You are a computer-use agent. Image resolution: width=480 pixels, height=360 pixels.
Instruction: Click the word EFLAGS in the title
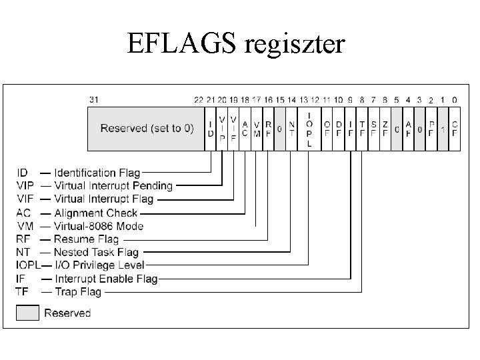[x=181, y=43]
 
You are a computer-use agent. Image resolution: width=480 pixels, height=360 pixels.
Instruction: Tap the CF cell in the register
[x=455, y=129]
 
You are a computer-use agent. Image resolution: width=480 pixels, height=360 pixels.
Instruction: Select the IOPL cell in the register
[x=309, y=129]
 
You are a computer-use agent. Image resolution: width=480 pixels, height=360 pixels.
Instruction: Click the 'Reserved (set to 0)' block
[x=146, y=129]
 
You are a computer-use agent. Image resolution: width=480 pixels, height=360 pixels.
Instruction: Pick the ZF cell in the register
[x=385, y=129]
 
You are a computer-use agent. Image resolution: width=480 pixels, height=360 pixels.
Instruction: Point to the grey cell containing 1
[x=443, y=129]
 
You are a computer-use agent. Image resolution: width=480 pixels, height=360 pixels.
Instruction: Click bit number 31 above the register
[x=94, y=100]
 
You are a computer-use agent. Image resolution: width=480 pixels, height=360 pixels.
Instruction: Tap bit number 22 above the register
[x=199, y=100]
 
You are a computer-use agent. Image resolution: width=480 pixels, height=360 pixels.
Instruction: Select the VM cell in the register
[x=257, y=129]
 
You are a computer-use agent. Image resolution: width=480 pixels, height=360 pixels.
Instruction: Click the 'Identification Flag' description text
[x=97, y=173]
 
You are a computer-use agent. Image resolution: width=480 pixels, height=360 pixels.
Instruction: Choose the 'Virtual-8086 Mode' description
[x=99, y=226]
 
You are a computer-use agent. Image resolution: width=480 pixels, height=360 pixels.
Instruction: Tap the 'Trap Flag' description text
[x=78, y=292]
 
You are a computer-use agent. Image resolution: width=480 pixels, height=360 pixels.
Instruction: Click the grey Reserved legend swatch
[x=27, y=313]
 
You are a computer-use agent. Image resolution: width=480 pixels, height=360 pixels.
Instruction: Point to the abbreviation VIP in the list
[x=25, y=186]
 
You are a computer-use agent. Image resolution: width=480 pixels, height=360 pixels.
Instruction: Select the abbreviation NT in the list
[x=23, y=252]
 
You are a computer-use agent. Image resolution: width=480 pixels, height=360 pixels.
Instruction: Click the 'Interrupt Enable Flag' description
[x=106, y=279]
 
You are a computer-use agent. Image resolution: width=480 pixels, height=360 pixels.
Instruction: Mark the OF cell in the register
[x=327, y=129]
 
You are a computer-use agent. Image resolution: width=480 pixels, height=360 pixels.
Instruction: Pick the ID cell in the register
[x=210, y=129]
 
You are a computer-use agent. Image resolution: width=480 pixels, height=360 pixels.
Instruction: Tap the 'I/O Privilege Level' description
[x=99, y=265]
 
